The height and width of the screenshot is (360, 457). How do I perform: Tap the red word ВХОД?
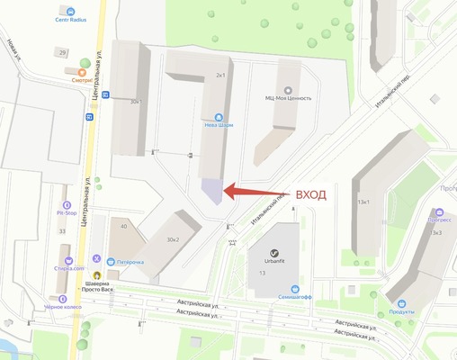[311, 194]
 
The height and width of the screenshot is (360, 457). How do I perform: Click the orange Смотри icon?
[84, 65]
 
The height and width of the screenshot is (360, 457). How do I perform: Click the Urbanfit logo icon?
[283, 234]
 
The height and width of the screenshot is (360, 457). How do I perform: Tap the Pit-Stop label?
[66, 213]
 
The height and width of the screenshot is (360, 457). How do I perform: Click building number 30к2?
[173, 239]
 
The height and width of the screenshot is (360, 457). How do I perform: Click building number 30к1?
[136, 102]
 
